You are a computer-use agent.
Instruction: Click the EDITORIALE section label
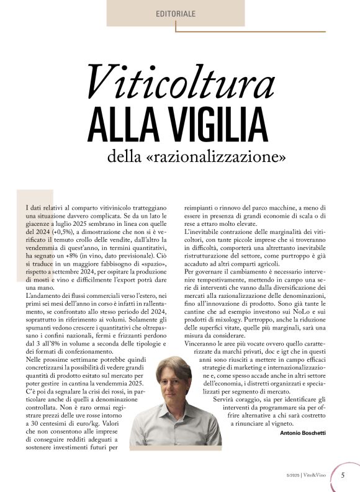click(176, 13)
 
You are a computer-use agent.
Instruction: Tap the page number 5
click(343, 475)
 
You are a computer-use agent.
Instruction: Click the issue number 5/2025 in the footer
click(295, 476)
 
